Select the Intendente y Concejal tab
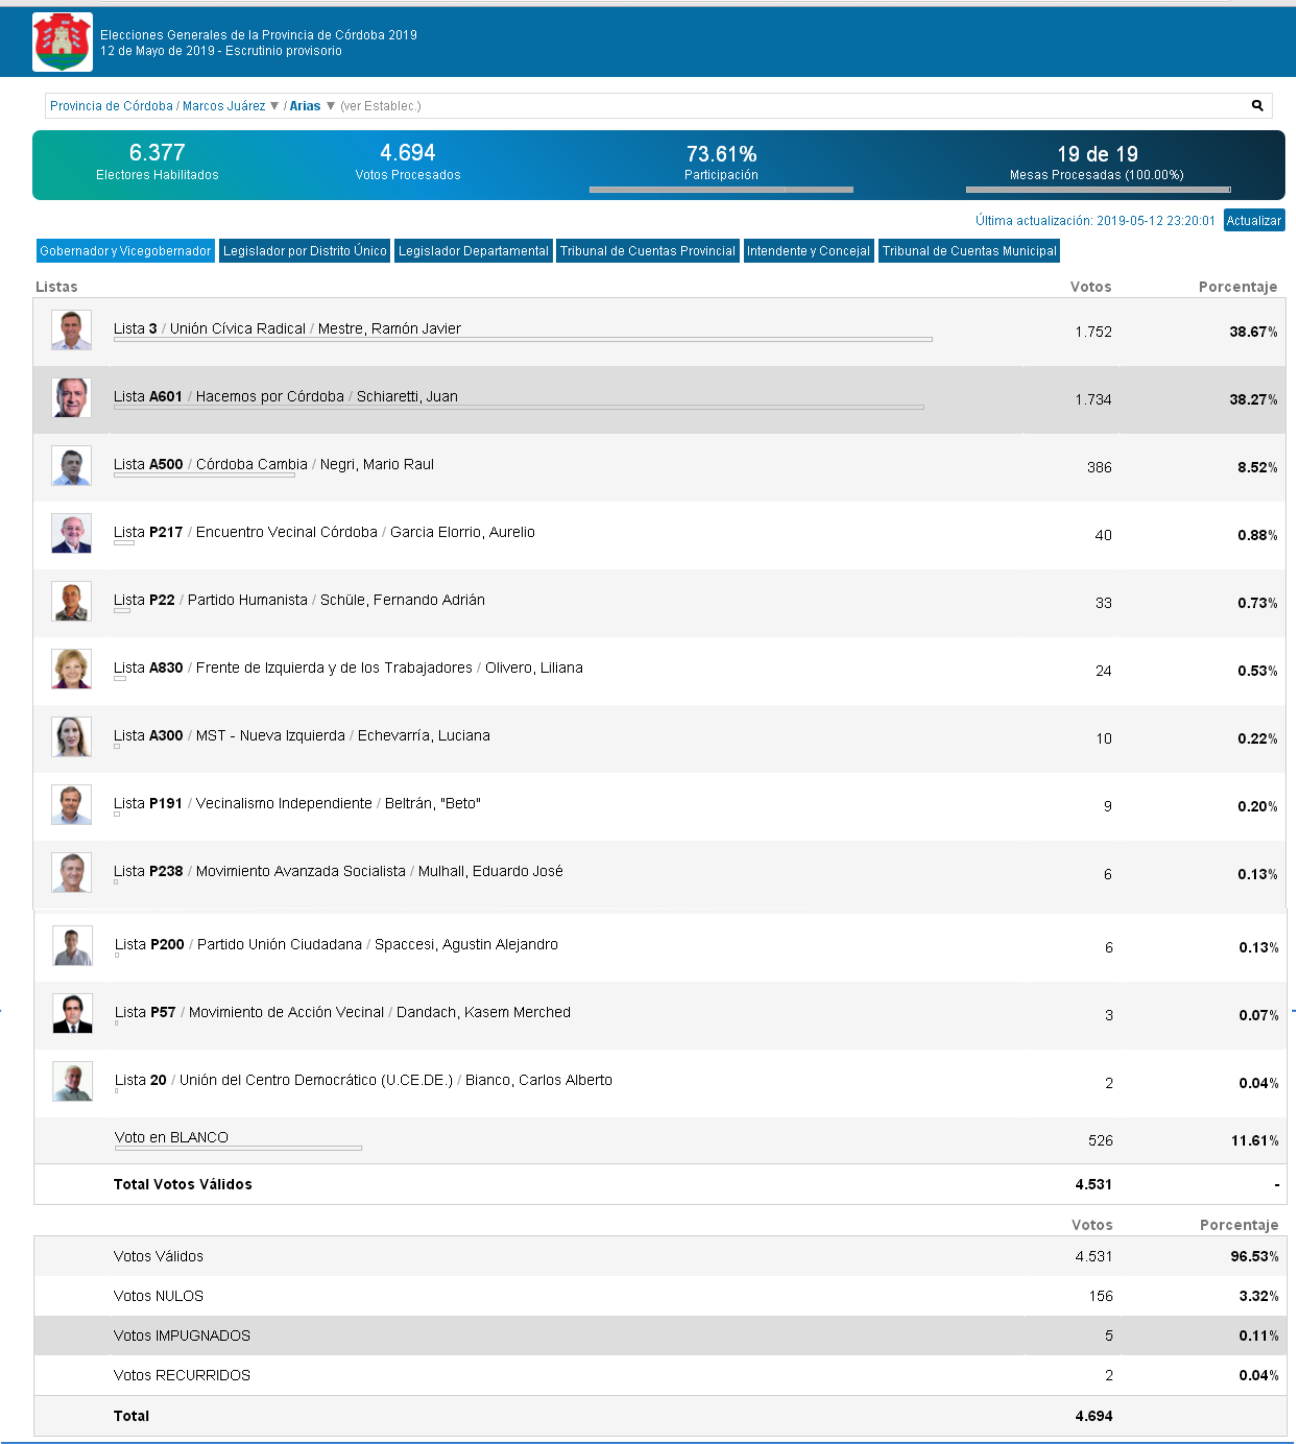point(808,251)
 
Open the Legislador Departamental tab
point(473,251)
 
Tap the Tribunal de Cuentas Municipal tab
point(968,251)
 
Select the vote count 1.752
point(1093,332)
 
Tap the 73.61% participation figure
point(721,154)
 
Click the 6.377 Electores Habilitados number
point(157,152)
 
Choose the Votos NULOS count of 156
point(1100,1296)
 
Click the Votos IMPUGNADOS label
point(182,1336)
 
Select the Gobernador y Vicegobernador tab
point(125,251)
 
